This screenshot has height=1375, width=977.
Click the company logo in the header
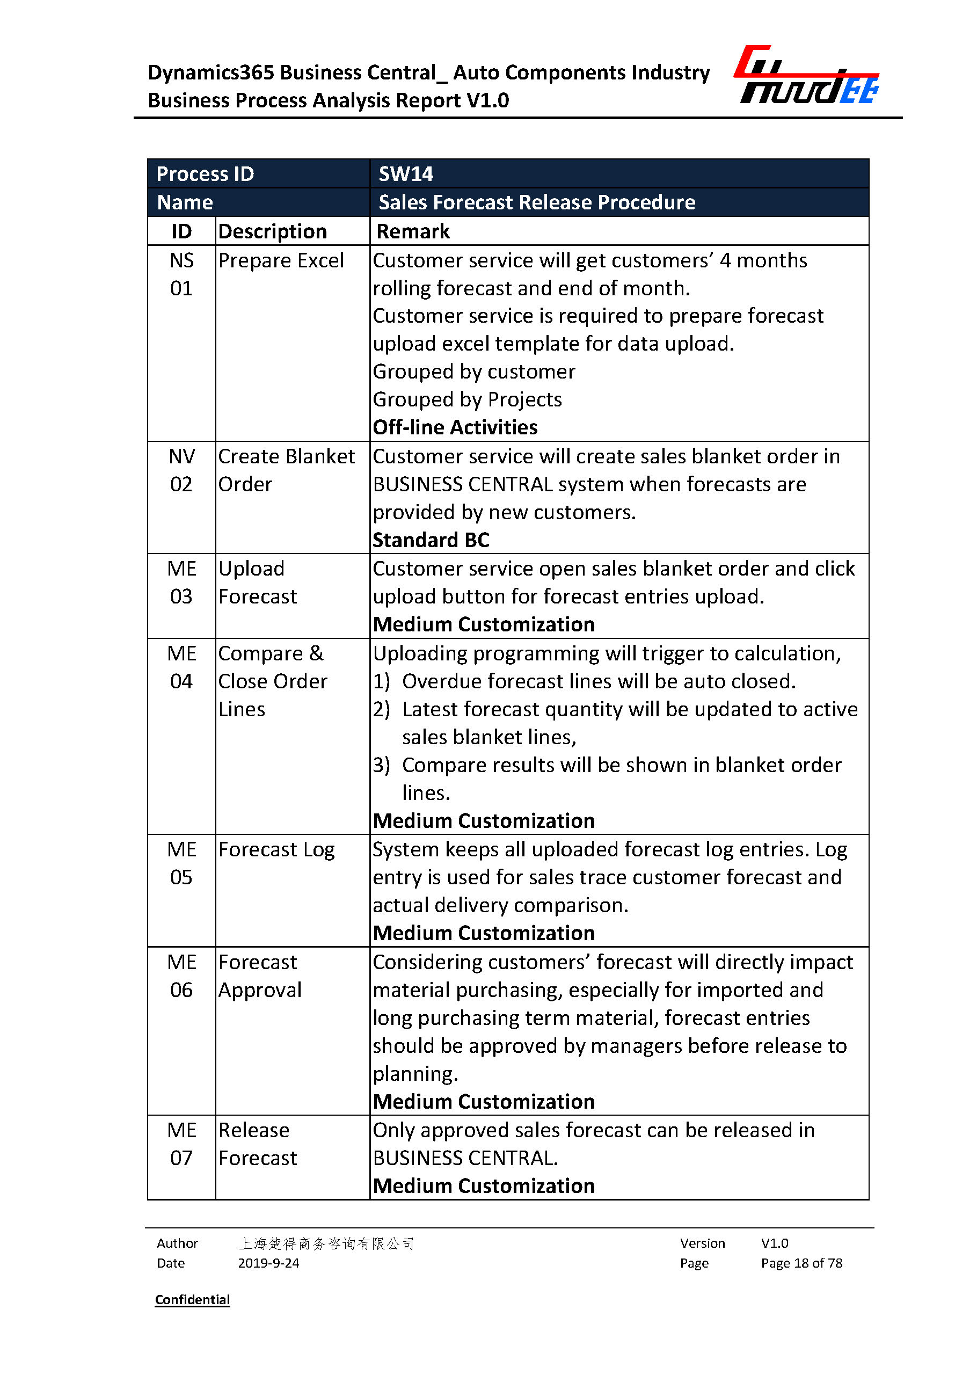[806, 75]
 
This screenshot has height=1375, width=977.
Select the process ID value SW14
[405, 174]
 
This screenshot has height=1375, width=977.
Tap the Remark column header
[413, 231]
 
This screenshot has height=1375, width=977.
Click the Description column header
[272, 231]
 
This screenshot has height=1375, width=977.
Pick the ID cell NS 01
[181, 274]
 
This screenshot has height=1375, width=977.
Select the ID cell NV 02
[181, 470]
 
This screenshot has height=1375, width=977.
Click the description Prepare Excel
[280, 260]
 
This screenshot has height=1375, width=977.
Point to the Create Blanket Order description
[286, 470]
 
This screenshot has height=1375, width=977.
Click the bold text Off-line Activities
[455, 427]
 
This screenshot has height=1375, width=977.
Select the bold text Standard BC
[431, 540]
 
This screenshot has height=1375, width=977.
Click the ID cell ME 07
[181, 1144]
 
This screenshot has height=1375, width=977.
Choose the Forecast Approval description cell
[260, 976]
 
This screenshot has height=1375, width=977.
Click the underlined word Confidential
[193, 1300]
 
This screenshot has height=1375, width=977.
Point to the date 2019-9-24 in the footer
[268, 1263]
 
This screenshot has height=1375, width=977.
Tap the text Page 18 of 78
[801, 1263]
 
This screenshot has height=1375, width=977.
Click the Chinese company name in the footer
[326, 1243]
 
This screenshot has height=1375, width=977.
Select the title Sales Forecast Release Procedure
[537, 202]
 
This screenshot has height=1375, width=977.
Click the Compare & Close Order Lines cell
[272, 681]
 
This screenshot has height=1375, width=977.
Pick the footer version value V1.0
[774, 1243]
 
